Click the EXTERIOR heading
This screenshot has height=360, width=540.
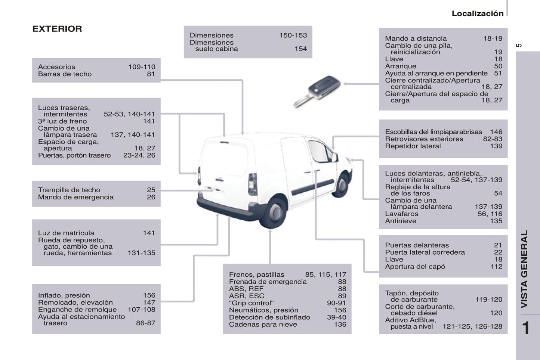tap(57, 29)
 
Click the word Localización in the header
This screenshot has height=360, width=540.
tap(477, 13)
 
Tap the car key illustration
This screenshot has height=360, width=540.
tap(318, 91)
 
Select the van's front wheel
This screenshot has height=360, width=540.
tap(342, 184)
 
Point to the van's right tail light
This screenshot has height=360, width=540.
tap(253, 184)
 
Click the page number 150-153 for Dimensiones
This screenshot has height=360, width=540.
tap(293, 35)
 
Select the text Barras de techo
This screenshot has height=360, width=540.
tap(65, 74)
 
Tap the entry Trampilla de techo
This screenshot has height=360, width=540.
tap(69, 190)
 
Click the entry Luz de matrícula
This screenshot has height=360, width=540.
tap(66, 233)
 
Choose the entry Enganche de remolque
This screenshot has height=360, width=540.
tap(77, 309)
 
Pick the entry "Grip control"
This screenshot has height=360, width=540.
tap(251, 303)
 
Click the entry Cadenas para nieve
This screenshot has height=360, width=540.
tap(263, 324)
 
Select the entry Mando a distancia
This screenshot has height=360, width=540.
tap(416, 38)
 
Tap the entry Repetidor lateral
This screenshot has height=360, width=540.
tap(413, 146)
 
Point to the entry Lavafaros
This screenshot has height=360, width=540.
tap(401, 214)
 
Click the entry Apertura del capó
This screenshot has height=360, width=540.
tap(415, 266)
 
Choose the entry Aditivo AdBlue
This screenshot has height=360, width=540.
tap(410, 320)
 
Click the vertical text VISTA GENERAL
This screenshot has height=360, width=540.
tap(524, 269)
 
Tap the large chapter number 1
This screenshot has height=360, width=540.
tap(526, 328)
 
